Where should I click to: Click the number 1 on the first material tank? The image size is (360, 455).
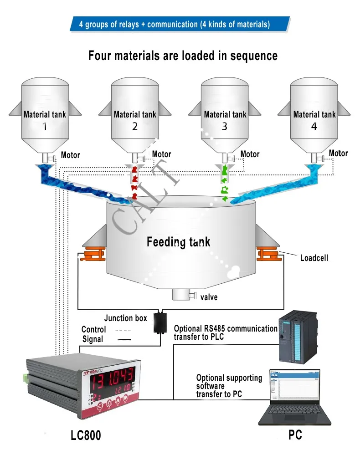[x=45, y=127]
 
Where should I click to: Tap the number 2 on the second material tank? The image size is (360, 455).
[x=134, y=127]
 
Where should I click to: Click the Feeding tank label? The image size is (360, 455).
[x=178, y=241]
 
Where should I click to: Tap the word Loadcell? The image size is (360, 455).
[x=314, y=258]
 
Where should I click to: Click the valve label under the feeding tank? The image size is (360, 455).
[x=209, y=297]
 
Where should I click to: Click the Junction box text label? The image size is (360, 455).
[x=125, y=318]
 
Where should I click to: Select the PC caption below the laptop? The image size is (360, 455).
[x=295, y=435]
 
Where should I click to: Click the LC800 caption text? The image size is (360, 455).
[x=86, y=435]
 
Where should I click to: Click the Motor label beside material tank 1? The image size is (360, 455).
[x=70, y=155]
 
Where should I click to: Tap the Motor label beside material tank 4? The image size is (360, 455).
[x=338, y=153]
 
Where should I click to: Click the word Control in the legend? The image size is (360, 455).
[x=93, y=329]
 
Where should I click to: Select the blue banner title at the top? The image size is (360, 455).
[x=180, y=24]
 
